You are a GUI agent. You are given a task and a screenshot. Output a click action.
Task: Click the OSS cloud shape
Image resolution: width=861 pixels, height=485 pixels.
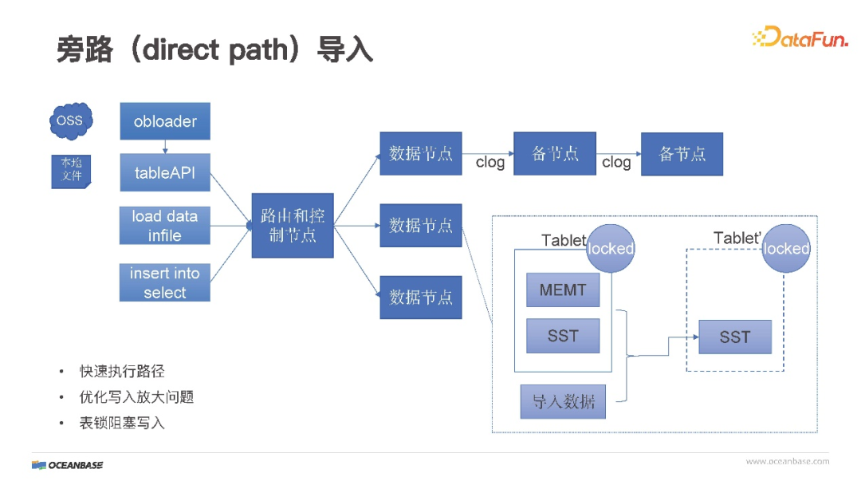coord(69,120)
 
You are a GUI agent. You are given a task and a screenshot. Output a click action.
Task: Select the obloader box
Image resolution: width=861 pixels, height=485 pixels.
coord(165,122)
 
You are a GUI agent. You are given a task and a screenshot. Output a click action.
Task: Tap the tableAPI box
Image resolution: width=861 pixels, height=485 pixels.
coord(165,172)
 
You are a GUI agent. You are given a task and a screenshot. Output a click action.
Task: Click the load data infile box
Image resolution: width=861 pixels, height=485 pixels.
coord(165,226)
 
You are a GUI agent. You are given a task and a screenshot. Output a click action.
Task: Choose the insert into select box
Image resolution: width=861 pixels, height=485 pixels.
coord(165,282)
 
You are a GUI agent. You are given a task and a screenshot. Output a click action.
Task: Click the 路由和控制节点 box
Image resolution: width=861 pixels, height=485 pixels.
coord(293,226)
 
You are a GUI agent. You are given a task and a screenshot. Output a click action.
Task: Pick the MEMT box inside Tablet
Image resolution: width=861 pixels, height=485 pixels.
coord(563,290)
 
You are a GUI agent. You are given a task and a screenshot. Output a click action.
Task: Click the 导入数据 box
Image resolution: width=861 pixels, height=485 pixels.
coord(563,401)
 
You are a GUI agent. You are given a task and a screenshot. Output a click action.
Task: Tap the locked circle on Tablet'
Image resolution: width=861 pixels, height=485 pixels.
coord(785,249)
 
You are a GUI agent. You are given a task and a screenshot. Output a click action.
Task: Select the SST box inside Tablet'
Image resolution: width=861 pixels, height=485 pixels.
coord(735,337)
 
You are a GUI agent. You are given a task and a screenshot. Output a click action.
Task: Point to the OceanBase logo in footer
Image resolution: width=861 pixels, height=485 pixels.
coord(68,465)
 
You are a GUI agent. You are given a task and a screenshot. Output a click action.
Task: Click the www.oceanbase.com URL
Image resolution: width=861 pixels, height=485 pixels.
coord(787,461)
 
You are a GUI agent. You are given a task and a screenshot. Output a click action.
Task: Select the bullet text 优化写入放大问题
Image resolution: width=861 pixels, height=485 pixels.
coord(136,397)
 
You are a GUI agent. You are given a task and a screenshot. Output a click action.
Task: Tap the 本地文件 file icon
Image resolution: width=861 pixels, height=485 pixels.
coord(71,170)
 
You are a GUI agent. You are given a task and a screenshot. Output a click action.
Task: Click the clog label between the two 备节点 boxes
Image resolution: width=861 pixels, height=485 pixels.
coord(616,163)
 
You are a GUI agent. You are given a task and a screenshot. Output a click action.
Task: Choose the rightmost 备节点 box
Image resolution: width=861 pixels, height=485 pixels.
coord(682,154)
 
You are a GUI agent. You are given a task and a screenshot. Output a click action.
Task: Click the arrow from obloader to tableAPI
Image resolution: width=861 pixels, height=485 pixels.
coord(165,147)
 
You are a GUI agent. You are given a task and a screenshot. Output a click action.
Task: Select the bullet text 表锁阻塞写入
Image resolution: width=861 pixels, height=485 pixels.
coord(122,423)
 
